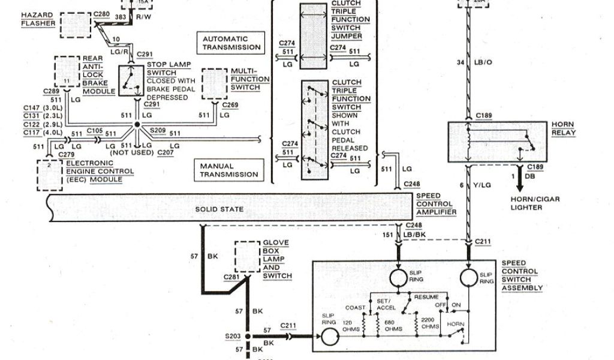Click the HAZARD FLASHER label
38,19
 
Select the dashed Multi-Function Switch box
215,83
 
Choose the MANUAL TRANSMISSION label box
228,170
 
